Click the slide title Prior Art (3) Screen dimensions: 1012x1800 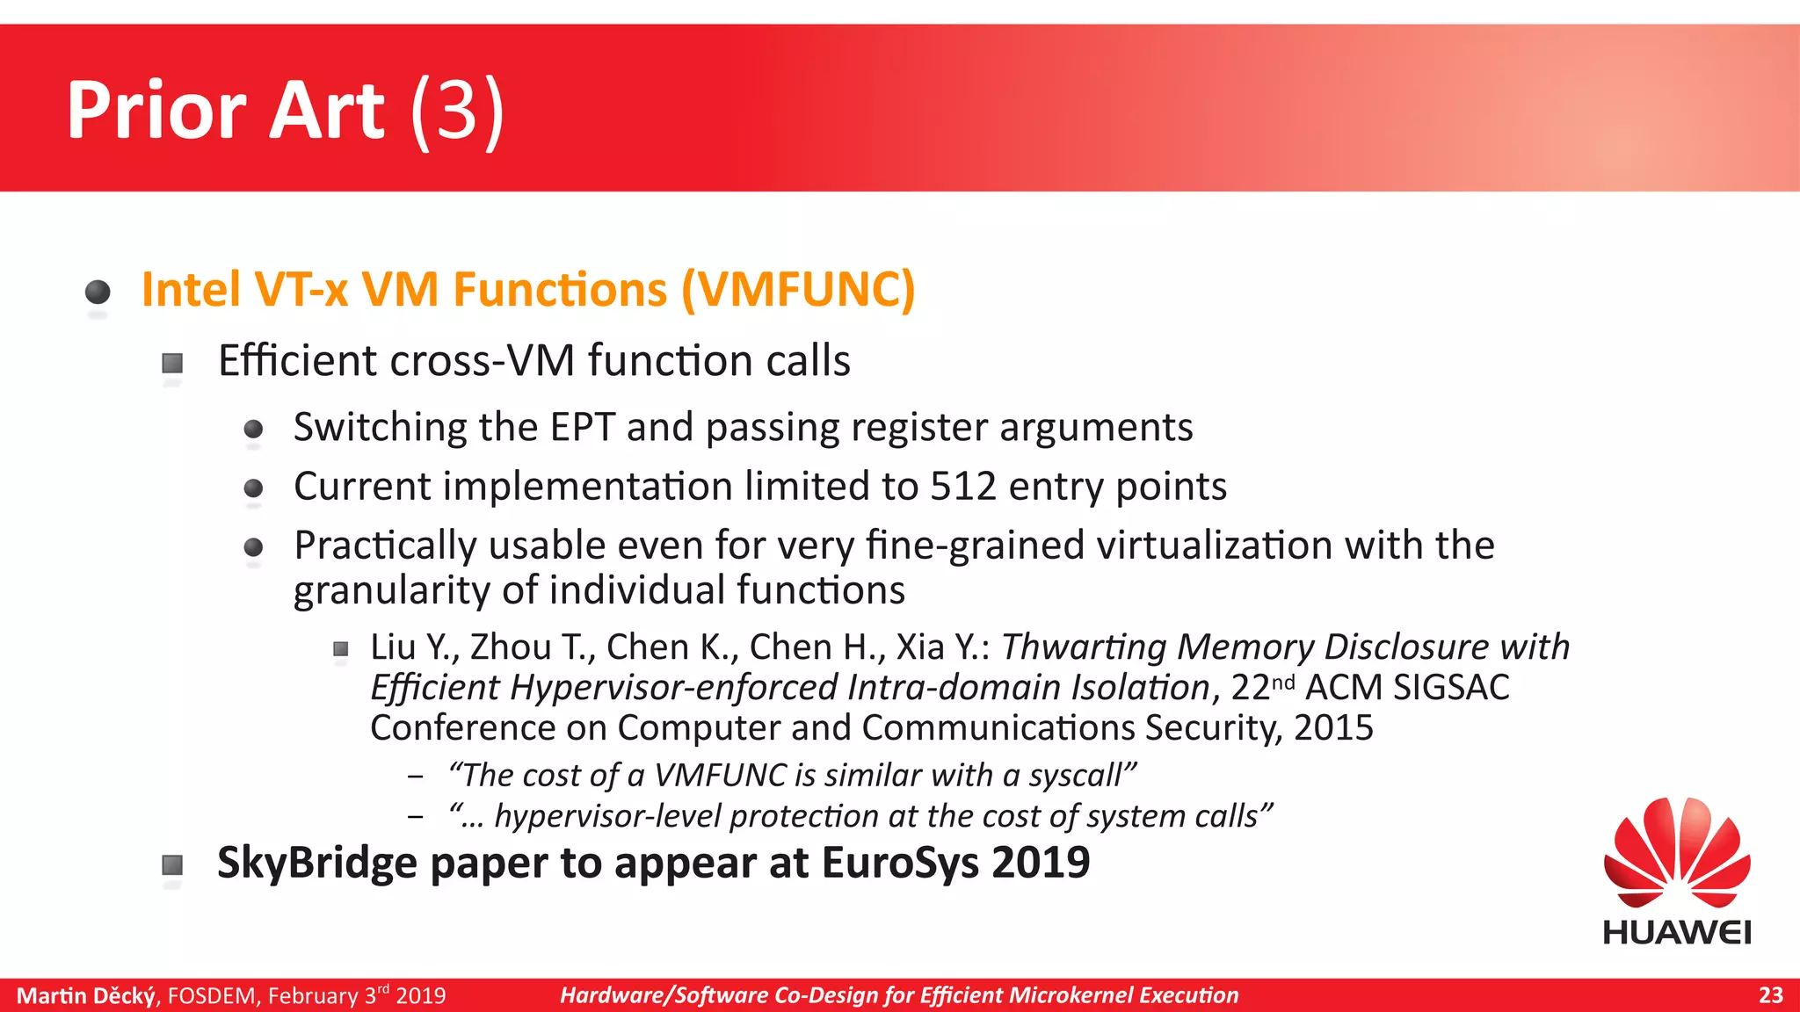[285, 111]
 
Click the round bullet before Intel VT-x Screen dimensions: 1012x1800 [98, 292]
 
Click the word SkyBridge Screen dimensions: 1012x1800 [316, 863]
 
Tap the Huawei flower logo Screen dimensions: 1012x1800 [1676, 853]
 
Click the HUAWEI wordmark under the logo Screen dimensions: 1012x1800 [1676, 933]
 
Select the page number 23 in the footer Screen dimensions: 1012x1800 [1770, 995]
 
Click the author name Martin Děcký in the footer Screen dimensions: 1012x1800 [86, 996]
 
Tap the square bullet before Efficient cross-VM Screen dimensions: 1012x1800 [172, 363]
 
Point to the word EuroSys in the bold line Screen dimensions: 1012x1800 [902, 863]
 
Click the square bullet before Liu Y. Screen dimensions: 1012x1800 [341, 649]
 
